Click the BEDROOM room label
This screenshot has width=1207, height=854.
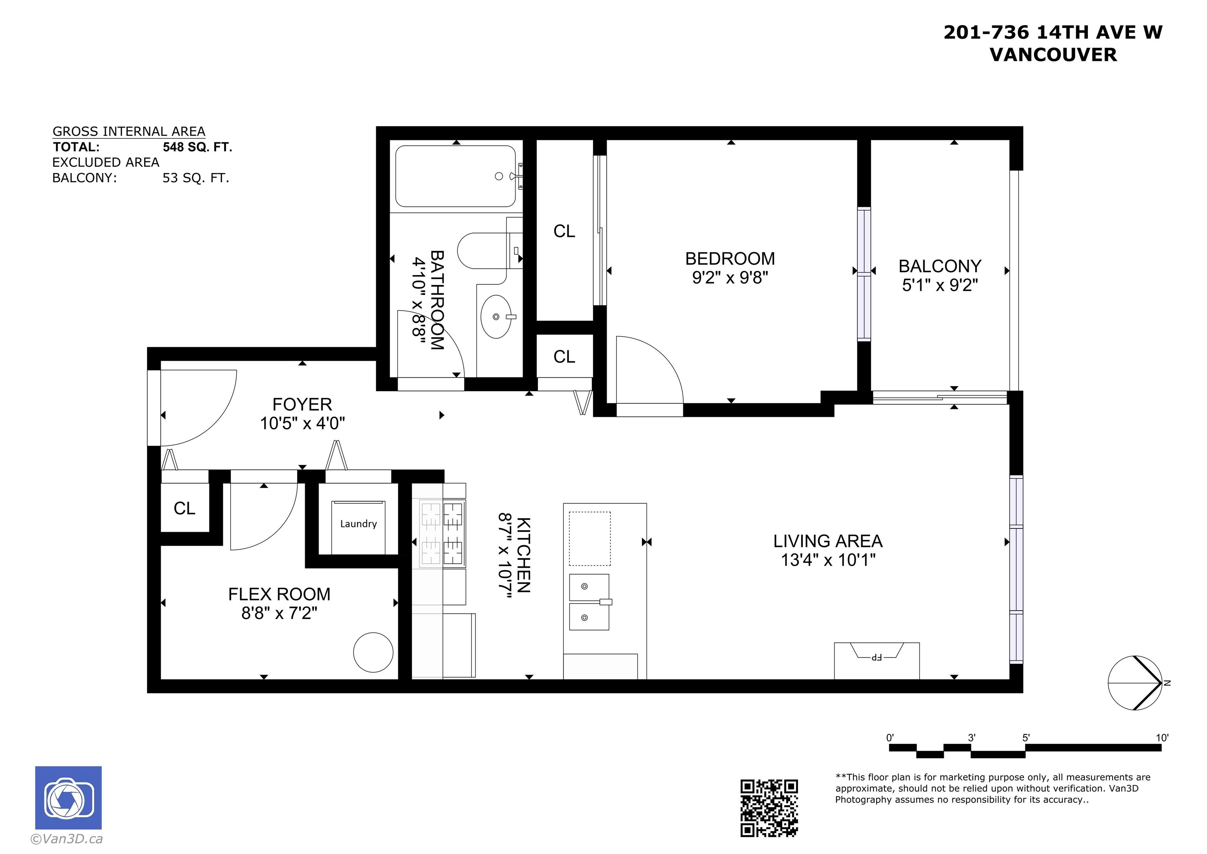(x=730, y=258)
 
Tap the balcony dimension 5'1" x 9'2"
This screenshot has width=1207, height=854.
(x=940, y=285)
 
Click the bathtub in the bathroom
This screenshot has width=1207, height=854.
(x=455, y=176)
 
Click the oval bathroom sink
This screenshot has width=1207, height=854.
(x=496, y=316)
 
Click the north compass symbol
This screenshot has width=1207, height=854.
(x=1135, y=683)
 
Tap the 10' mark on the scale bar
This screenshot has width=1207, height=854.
(x=1162, y=738)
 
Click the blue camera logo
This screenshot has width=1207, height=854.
(x=68, y=798)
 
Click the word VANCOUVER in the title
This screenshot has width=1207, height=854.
(x=1053, y=55)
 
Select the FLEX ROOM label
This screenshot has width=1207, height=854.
(x=279, y=594)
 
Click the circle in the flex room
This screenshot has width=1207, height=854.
(x=373, y=652)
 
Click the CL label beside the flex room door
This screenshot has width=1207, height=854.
(x=185, y=508)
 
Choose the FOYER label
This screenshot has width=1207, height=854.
(x=302, y=404)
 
